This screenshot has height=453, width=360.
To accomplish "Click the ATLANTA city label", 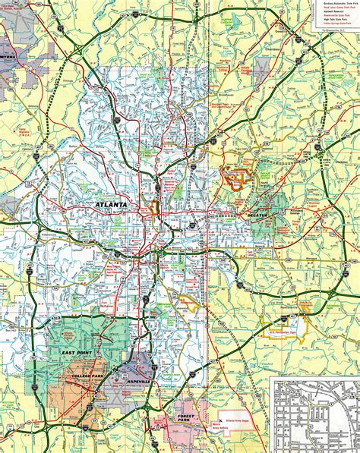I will tap(113, 206).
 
